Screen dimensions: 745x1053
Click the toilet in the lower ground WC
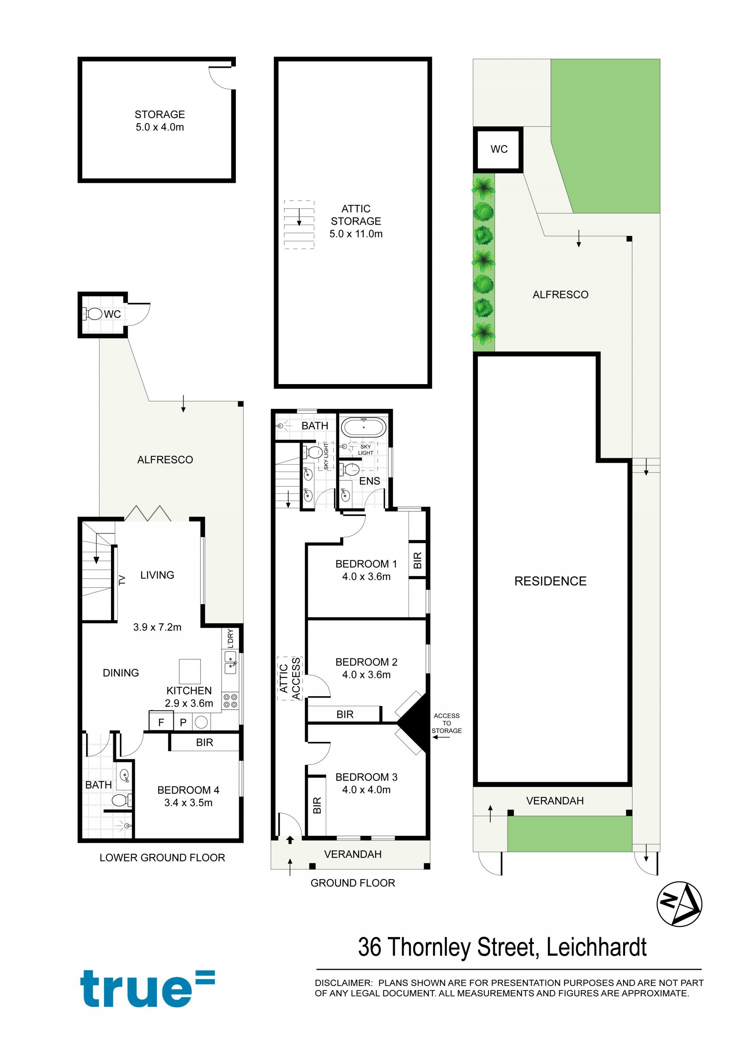tap(93, 314)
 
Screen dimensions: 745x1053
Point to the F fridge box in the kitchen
tap(161, 722)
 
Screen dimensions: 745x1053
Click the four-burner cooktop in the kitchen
tap(230, 701)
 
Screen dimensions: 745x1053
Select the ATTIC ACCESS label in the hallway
tap(290, 678)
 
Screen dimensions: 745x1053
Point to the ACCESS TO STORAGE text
tap(446, 723)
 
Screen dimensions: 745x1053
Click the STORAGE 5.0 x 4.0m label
tap(159, 121)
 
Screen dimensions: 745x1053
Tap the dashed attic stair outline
tap(299, 225)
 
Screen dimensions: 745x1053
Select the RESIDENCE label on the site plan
tap(550, 581)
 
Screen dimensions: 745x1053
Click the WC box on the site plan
tap(498, 149)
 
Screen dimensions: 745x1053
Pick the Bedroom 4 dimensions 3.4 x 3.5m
tap(189, 803)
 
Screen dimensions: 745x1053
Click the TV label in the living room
tap(122, 580)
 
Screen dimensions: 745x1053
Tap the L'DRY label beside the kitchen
tap(230, 638)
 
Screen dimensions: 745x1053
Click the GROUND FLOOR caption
tap(353, 883)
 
